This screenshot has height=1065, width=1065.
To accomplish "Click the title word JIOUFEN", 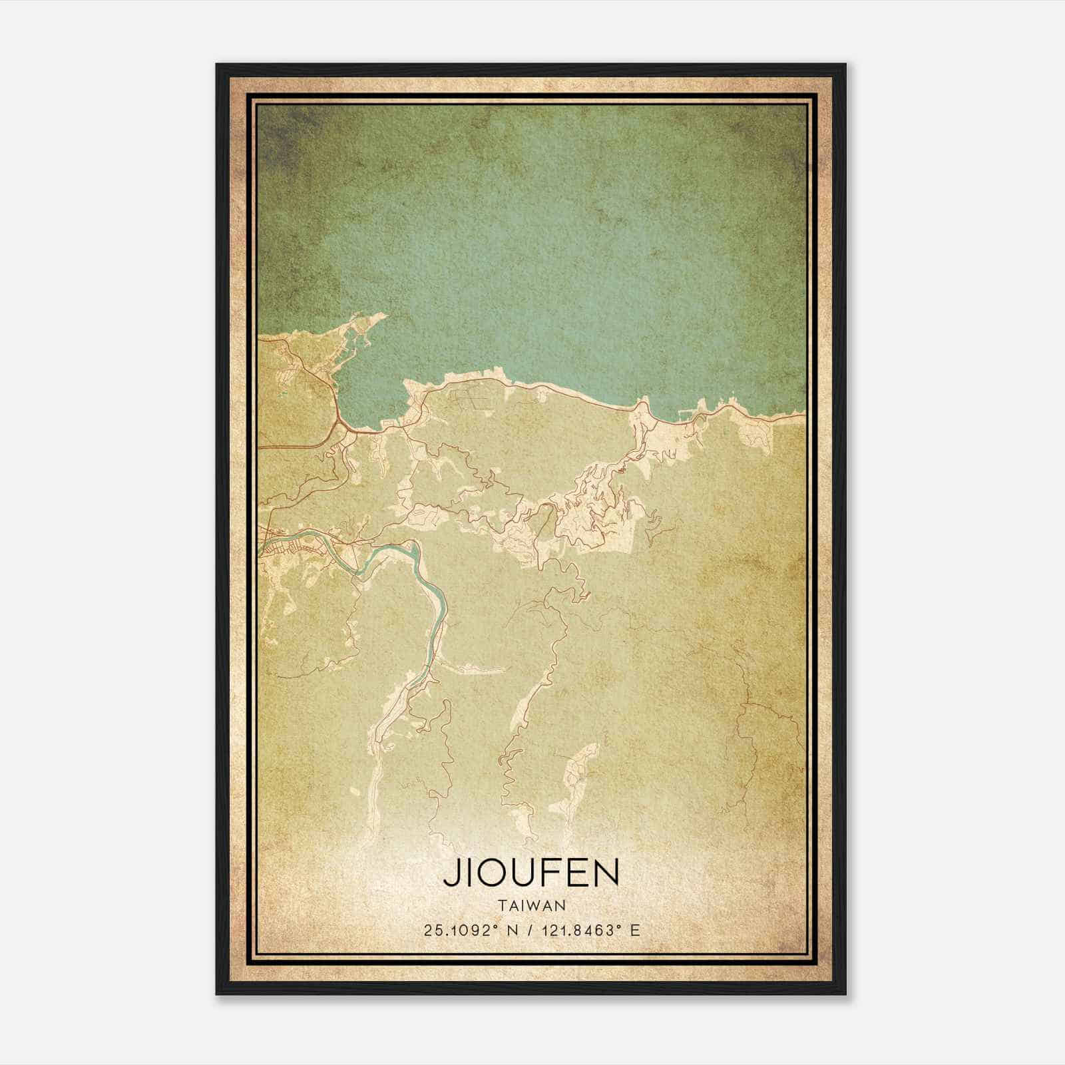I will pyautogui.click(x=531, y=873).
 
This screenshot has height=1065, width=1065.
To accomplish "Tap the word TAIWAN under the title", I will pyautogui.click(x=531, y=906).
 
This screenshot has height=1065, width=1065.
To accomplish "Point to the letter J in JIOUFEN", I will pyautogui.click(x=450, y=873).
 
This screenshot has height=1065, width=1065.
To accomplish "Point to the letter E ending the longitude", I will pyautogui.click(x=635, y=931).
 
